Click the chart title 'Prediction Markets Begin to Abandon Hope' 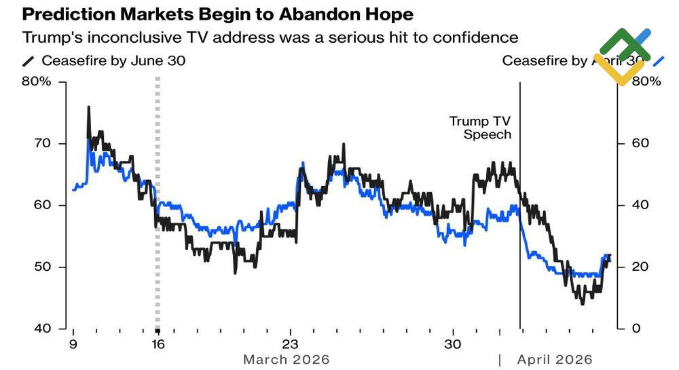click(x=217, y=14)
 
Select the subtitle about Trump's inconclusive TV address click(x=270, y=37)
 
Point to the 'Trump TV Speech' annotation click(x=480, y=128)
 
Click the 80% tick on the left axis click(x=37, y=81)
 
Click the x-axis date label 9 click(x=73, y=344)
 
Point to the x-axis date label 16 click(x=158, y=344)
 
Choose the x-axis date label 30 click(x=453, y=344)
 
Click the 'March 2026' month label click(x=287, y=359)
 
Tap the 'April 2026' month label click(x=555, y=359)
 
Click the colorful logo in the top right click(x=623, y=56)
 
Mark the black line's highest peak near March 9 click(x=88, y=107)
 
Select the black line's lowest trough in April click(x=582, y=303)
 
